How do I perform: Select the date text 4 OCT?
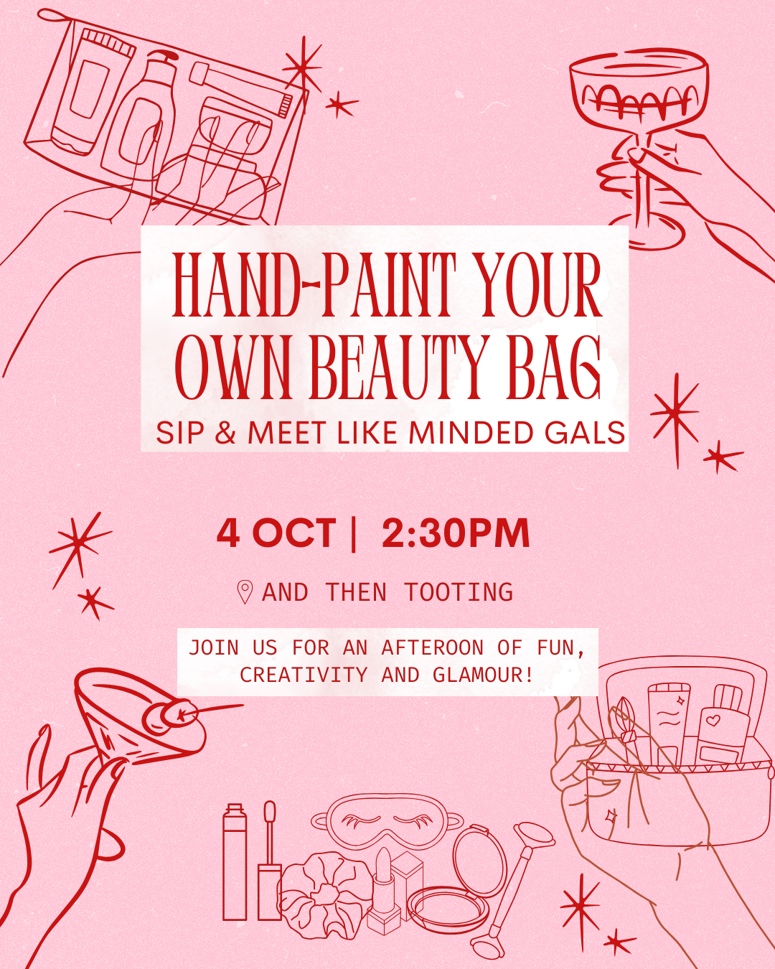pos(276,533)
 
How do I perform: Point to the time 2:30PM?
pos(456,533)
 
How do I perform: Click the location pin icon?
pos(245,592)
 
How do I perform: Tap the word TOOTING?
pos(459,592)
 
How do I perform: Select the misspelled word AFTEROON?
pos(432,647)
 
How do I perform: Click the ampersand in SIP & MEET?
pos(225,434)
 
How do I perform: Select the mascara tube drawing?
pos(235,861)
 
